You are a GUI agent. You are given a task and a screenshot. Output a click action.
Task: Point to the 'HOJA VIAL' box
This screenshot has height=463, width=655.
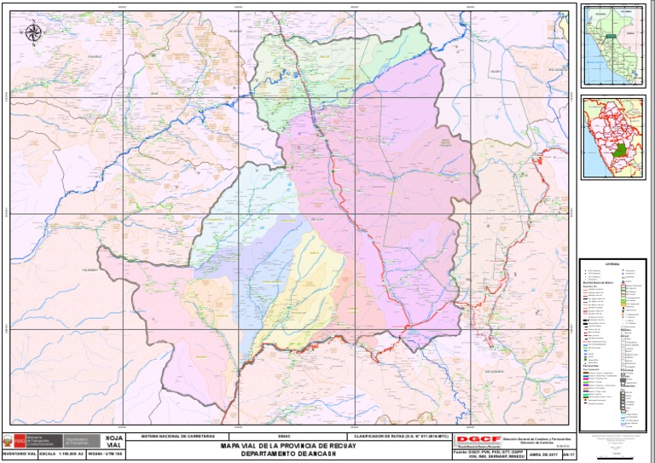click(114, 442)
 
